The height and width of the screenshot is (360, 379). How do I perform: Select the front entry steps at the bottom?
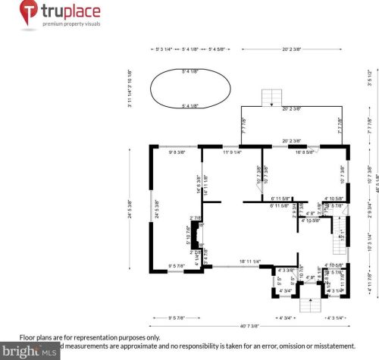coord(308,305)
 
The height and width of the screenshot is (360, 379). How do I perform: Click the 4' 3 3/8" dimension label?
coord(287,271)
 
